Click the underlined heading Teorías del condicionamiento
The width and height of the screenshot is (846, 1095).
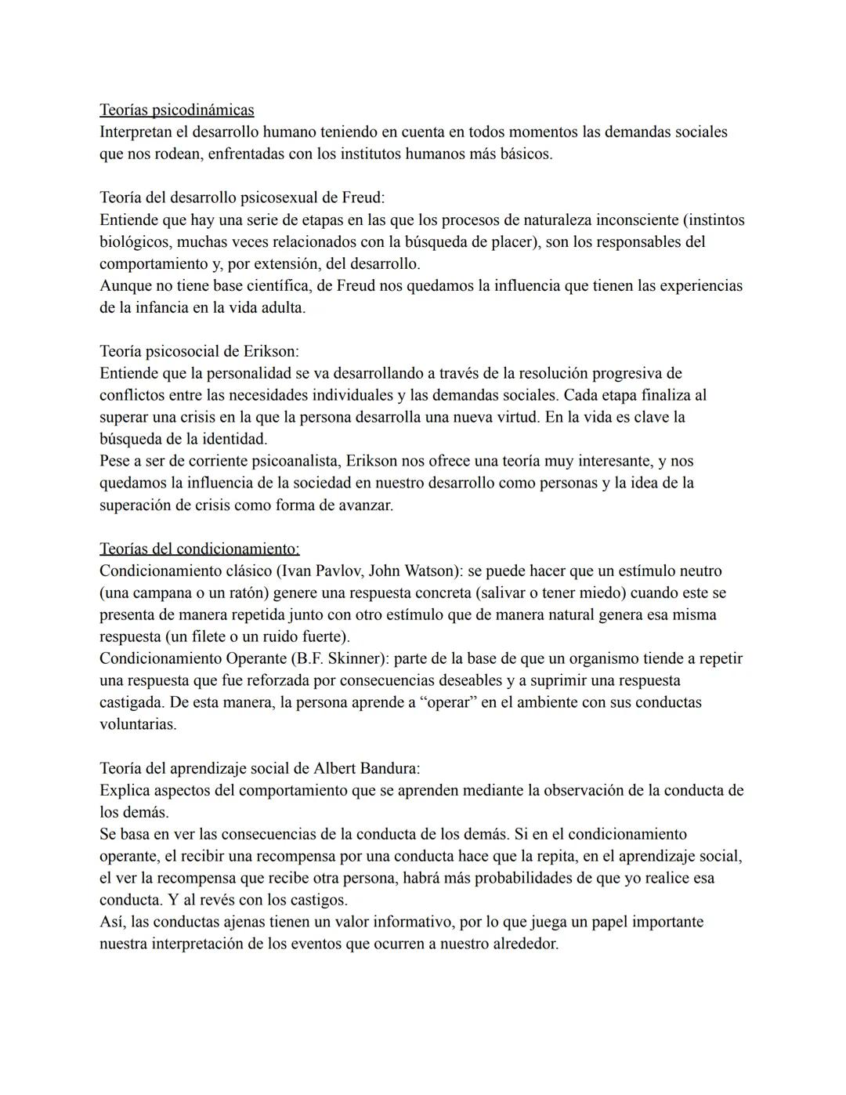[199, 549]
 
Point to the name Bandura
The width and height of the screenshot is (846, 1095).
[389, 768]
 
